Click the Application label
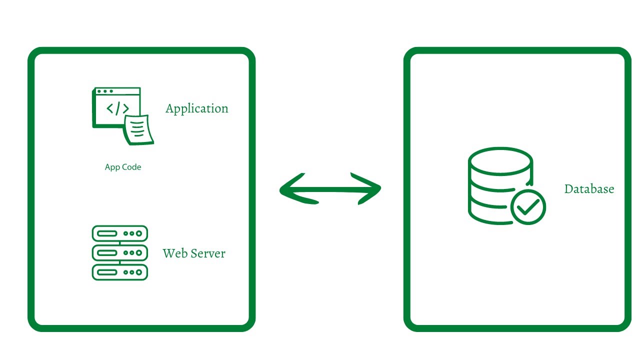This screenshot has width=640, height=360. pyautogui.click(x=196, y=108)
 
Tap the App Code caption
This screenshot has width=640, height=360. pyautogui.click(x=122, y=167)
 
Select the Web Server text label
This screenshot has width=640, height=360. pyautogui.click(x=194, y=253)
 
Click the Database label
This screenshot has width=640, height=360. pyautogui.click(x=589, y=189)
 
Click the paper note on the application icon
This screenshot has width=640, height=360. pyautogui.click(x=139, y=129)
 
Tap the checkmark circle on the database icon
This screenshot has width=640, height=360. pyautogui.click(x=528, y=206)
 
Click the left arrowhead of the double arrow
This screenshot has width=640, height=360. pyautogui.click(x=292, y=189)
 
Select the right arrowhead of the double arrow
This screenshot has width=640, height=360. pyautogui.click(x=369, y=189)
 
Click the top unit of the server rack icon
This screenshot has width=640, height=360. pyautogui.click(x=120, y=233)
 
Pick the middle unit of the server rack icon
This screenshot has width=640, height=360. pyautogui.click(x=120, y=252)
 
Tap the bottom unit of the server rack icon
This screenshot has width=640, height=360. pyautogui.click(x=120, y=272)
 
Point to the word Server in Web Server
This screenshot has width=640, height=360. pyautogui.click(x=206, y=253)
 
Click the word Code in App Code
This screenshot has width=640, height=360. pyautogui.click(x=132, y=167)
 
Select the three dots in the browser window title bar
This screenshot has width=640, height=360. pyautogui.click(x=105, y=91)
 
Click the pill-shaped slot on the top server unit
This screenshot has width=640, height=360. pyautogui.click(x=106, y=233)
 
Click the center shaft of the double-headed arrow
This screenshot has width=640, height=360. pyautogui.click(x=330, y=189)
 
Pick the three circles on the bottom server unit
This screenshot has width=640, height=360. pyautogui.click(x=132, y=272)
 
